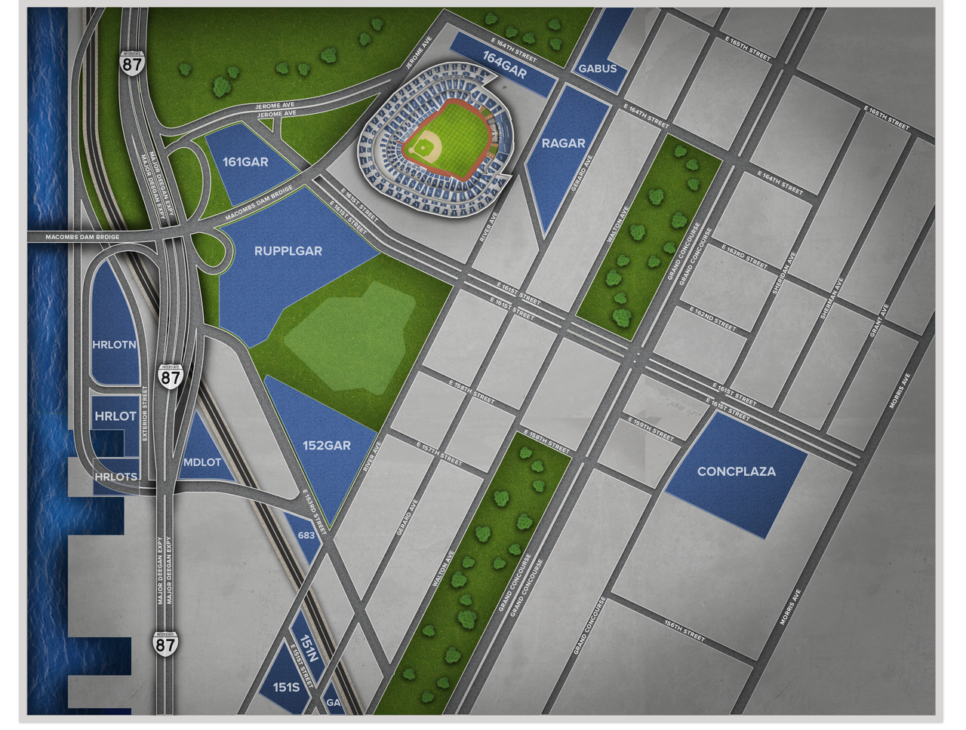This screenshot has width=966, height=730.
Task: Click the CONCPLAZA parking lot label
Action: tap(736, 472)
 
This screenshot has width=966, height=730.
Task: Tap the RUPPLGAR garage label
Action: tap(288, 251)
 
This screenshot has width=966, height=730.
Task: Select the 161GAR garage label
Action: tap(245, 161)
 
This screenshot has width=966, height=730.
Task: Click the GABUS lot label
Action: tap(598, 69)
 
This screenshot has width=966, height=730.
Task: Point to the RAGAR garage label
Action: tap(563, 143)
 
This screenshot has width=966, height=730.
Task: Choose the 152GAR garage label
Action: tap(327, 446)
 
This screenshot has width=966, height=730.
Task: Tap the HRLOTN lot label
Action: tap(114, 345)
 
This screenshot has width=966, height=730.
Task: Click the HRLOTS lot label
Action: tap(115, 477)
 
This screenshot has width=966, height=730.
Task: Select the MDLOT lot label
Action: tap(202, 462)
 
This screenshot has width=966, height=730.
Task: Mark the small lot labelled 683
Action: tap(306, 535)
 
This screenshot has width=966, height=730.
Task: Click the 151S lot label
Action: tap(286, 688)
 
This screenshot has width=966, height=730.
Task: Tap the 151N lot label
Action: tap(309, 648)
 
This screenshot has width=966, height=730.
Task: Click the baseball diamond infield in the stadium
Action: tap(428, 143)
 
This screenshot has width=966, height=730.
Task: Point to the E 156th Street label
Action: tap(685, 632)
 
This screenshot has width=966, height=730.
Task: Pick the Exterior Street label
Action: tap(146, 415)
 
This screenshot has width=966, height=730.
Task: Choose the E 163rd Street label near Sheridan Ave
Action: tap(746, 257)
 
